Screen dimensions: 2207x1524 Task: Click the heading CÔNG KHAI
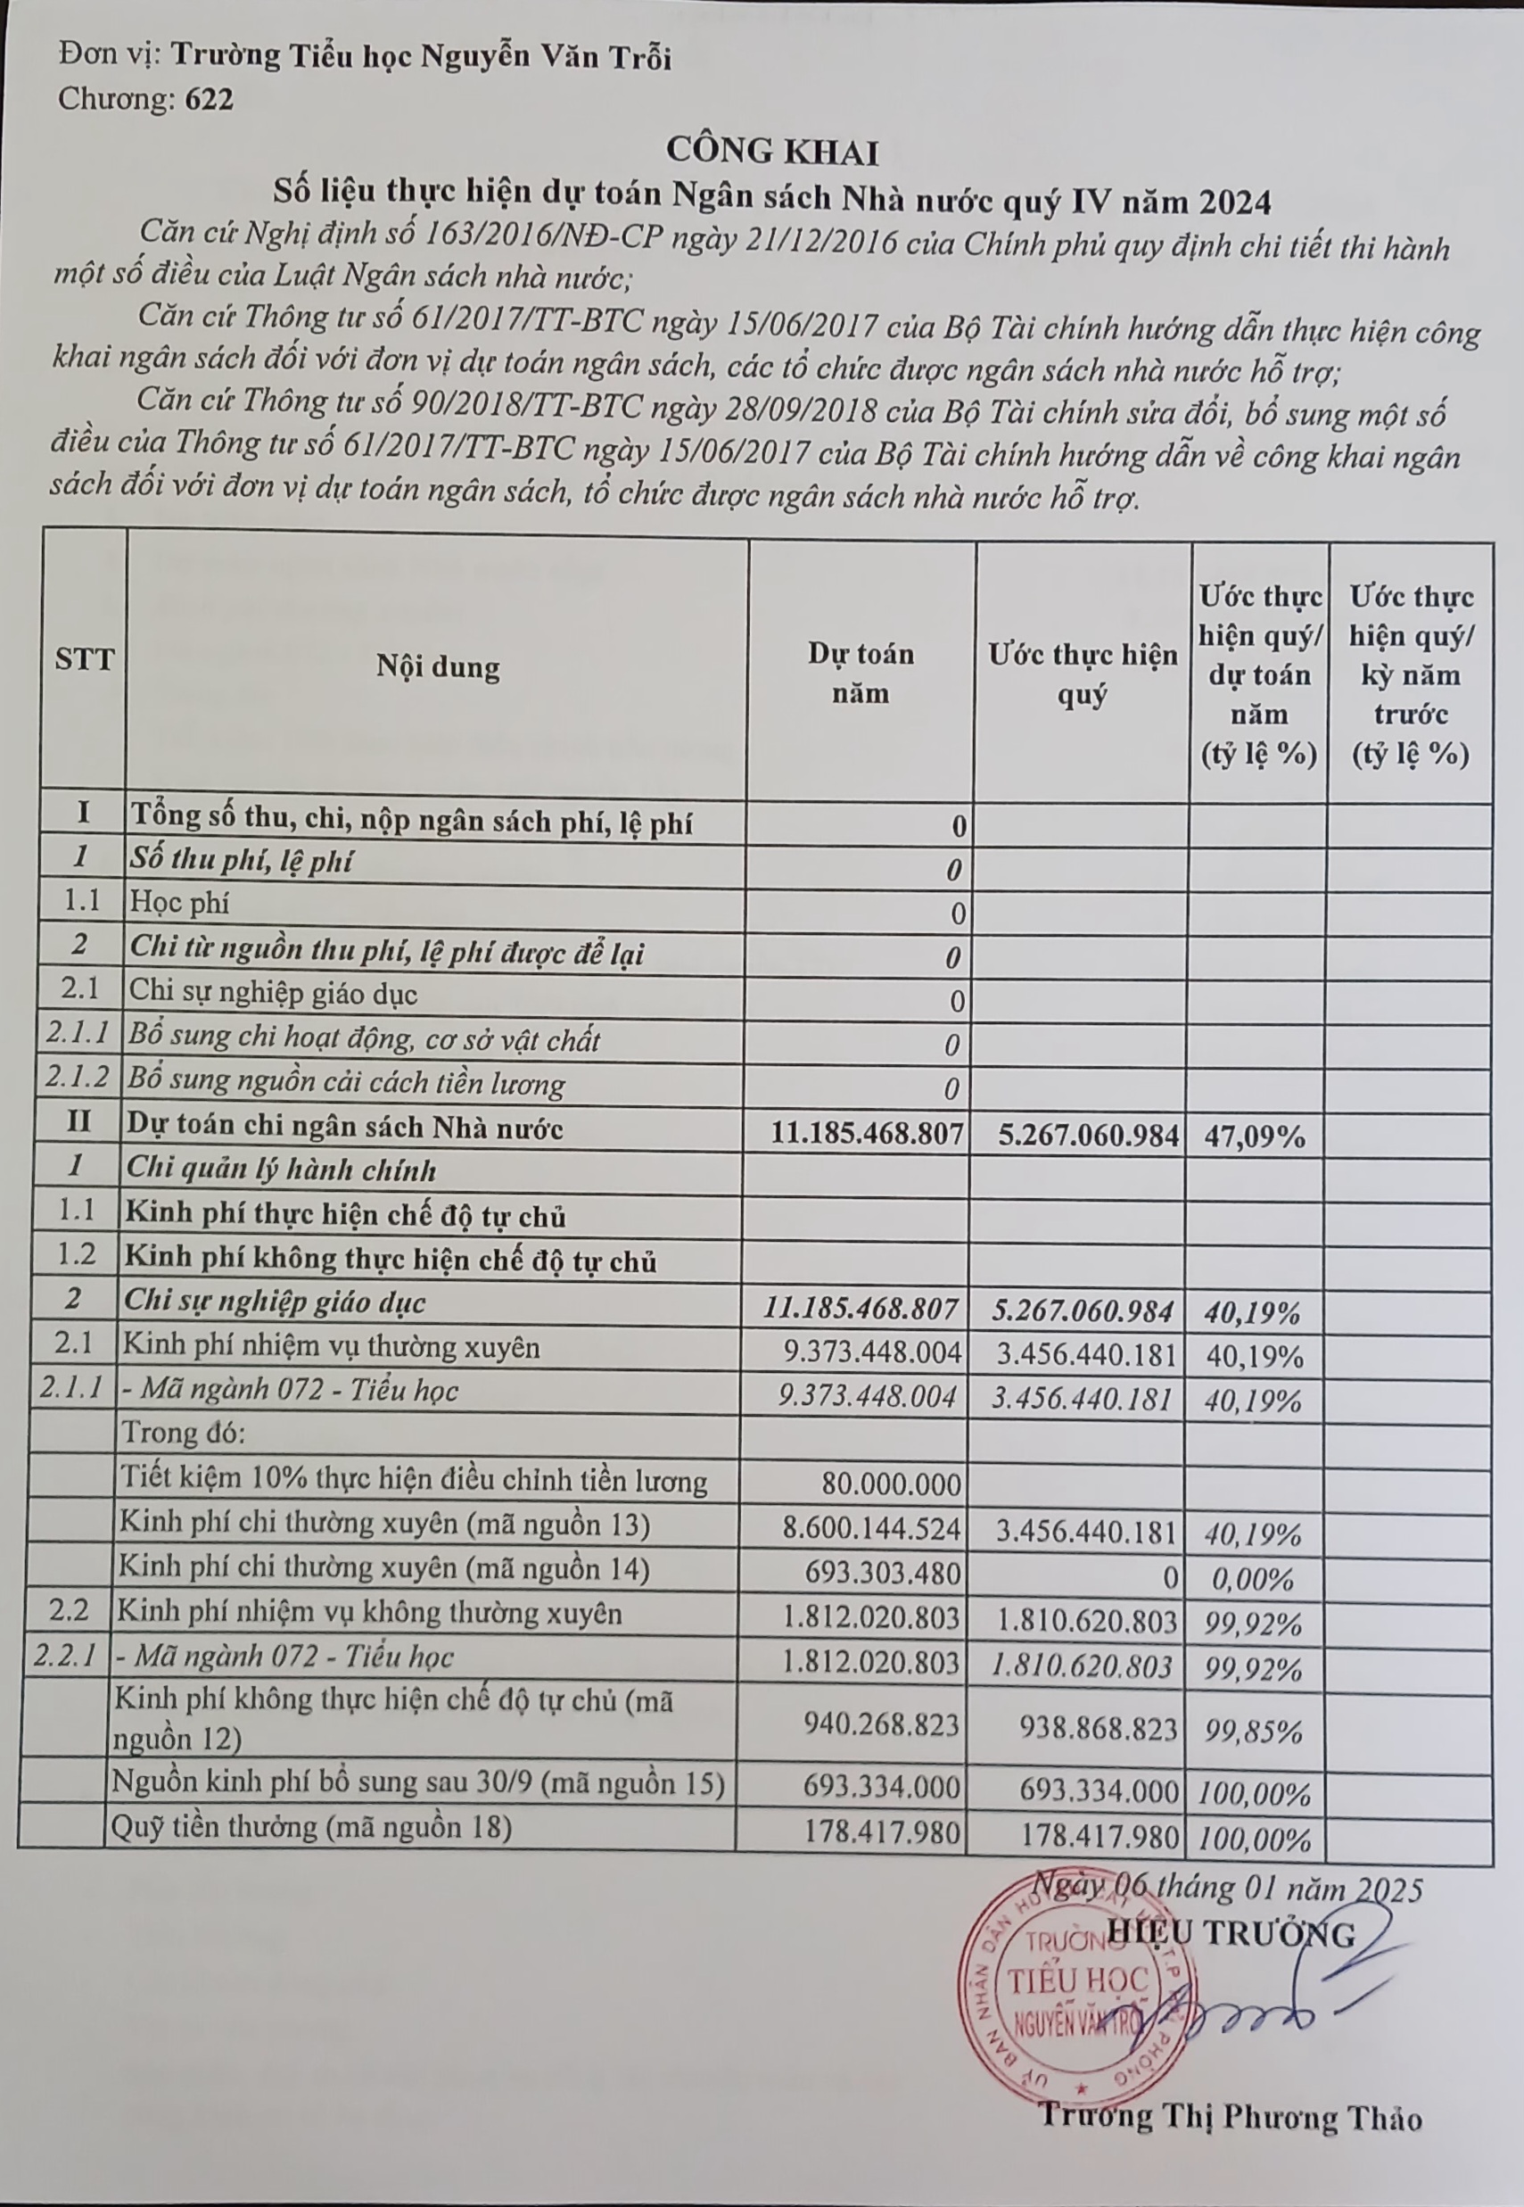(771, 151)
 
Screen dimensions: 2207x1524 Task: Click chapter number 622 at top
(210, 99)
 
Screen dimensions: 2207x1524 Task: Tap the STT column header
(84, 659)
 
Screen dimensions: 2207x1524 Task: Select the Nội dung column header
(437, 666)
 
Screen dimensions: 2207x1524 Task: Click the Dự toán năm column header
(861, 674)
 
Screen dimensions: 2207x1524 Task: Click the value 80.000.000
(891, 1484)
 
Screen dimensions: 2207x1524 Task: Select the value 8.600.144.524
(871, 1528)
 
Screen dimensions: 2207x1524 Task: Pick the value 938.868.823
(1098, 1728)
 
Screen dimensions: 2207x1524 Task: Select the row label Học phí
(178, 903)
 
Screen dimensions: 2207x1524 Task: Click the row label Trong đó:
(184, 1433)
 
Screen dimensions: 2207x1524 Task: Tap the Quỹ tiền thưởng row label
(311, 1827)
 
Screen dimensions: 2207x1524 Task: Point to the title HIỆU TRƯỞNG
(1231, 1934)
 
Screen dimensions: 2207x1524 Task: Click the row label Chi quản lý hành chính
(281, 1170)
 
